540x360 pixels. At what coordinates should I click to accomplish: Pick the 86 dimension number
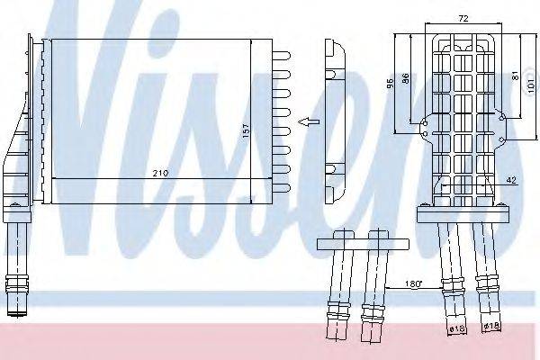pyautogui.click(x=407, y=80)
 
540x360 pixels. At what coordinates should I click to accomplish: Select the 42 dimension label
pyautogui.click(x=510, y=181)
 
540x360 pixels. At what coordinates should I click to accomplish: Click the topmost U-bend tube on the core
pyautogui.click(x=281, y=56)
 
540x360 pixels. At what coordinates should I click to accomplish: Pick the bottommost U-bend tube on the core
pyautogui.click(x=281, y=187)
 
